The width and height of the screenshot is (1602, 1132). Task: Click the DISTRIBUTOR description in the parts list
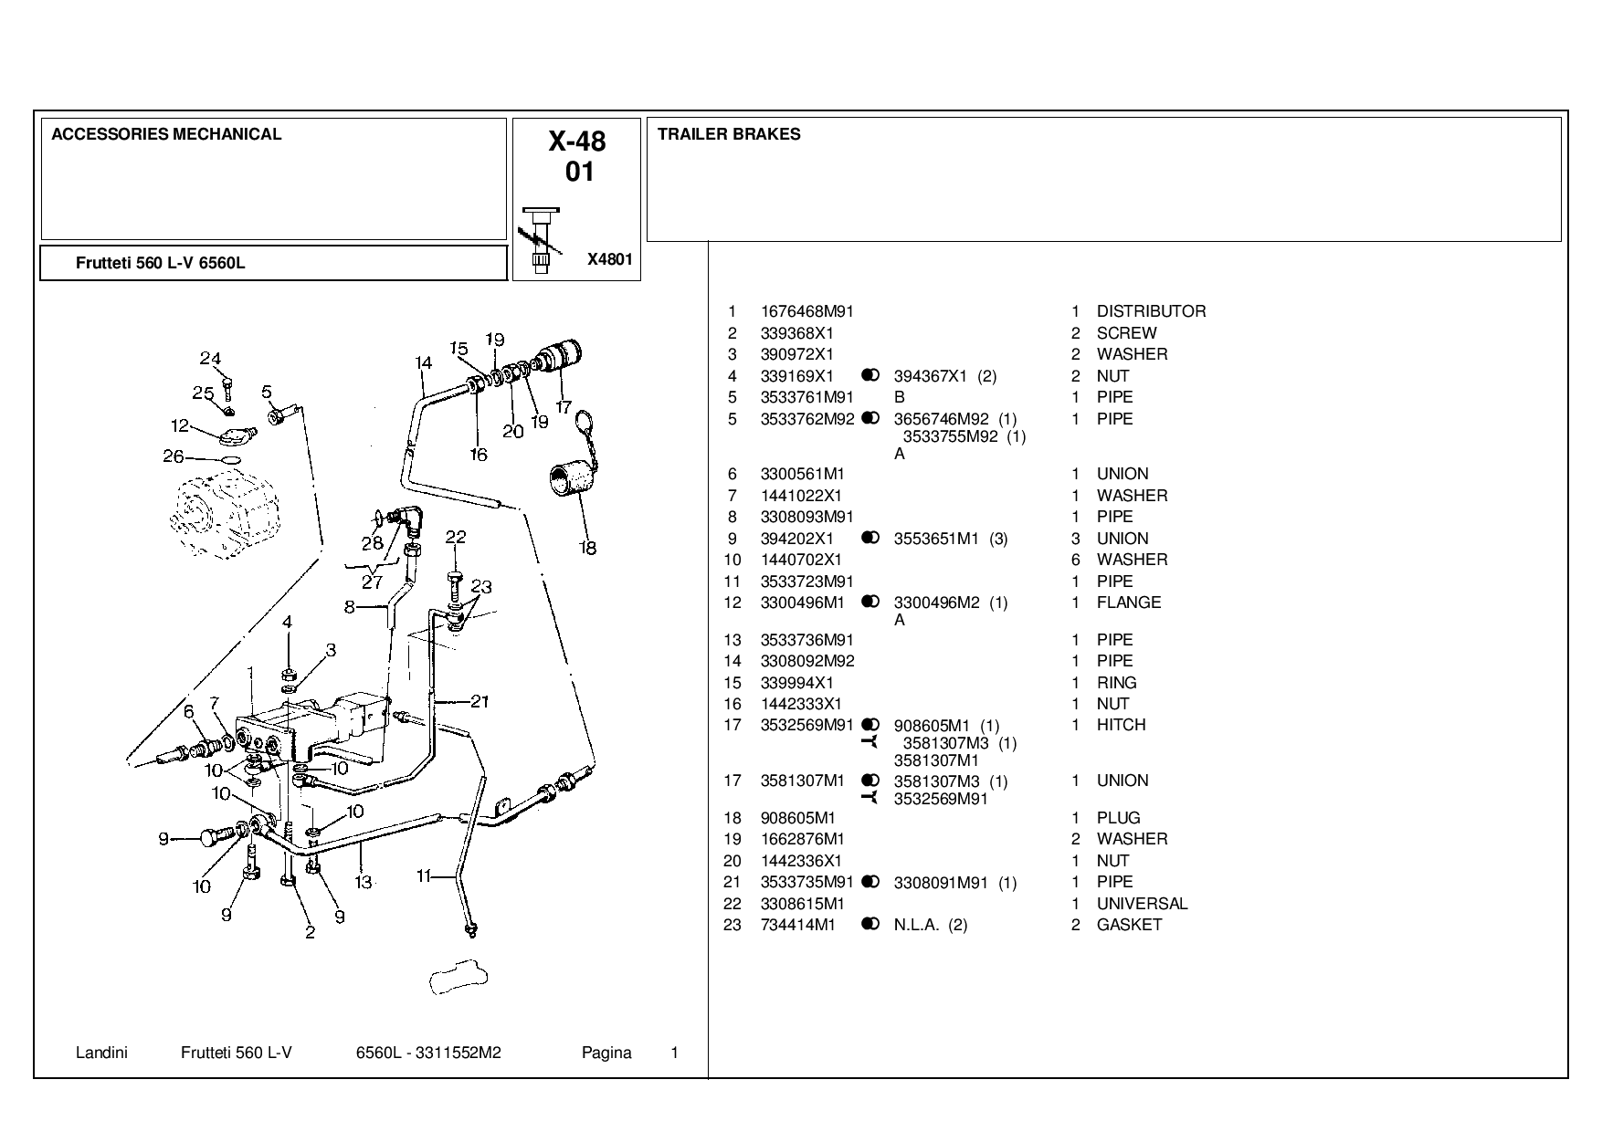coord(1151,311)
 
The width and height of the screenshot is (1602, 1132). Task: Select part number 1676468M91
coord(807,311)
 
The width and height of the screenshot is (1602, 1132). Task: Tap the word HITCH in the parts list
coord(1121,725)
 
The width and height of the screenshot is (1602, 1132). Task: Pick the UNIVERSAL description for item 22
coord(1142,904)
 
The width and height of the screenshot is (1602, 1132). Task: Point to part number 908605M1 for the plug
coord(797,818)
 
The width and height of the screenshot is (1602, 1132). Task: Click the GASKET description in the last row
coord(1129,925)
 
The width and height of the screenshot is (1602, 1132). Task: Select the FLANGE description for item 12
coord(1129,603)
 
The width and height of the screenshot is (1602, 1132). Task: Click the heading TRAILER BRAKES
coord(729,134)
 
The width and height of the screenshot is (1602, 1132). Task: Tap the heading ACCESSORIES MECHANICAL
coord(166,134)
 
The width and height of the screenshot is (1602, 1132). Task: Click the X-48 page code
coord(577,141)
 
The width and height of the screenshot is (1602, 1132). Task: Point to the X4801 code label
coord(609,259)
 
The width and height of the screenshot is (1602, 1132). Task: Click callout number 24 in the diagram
coord(211,358)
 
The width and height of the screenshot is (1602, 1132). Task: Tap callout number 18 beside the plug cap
coord(587,548)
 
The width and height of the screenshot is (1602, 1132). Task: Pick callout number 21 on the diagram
coord(480,701)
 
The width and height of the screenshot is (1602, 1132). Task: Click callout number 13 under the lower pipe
coord(363,882)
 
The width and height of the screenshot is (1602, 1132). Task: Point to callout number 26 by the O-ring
coord(174,456)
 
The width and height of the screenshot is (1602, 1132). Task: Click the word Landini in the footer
coord(101,1053)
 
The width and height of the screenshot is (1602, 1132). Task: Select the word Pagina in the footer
coord(606,1053)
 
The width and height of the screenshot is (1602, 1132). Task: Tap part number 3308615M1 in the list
coord(803,904)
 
